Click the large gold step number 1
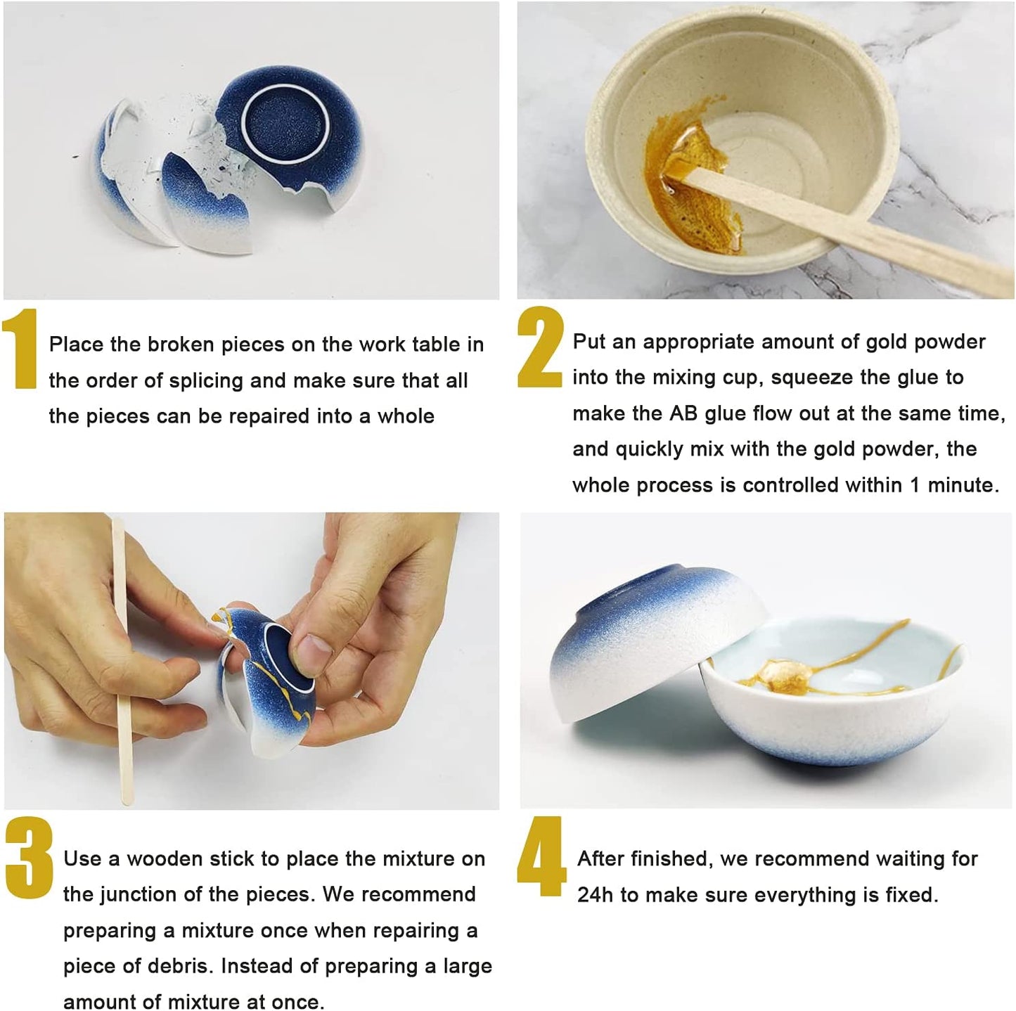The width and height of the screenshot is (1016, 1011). (x=20, y=349)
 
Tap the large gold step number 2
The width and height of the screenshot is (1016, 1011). (x=541, y=347)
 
